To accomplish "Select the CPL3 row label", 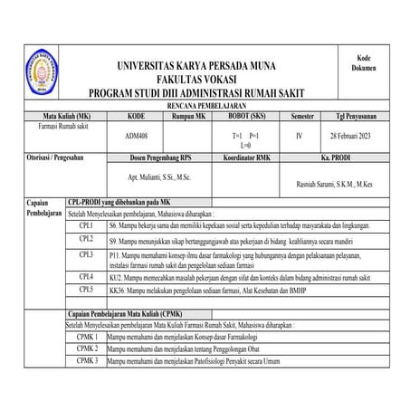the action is pos(87,256).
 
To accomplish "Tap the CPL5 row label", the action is pos(87,290).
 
